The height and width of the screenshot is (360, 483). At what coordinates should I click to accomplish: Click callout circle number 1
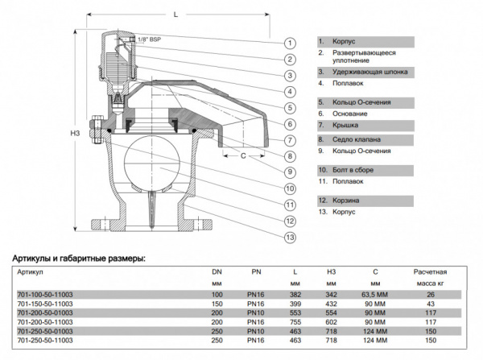(289, 41)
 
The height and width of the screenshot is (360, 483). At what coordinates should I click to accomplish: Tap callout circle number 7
(289, 139)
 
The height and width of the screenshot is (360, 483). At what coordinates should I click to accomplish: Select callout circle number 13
(289, 237)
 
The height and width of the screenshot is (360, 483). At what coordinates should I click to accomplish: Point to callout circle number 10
(289, 188)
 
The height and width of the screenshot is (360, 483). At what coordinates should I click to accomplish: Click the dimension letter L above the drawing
(175, 14)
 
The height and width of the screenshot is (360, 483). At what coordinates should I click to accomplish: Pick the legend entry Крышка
(337, 126)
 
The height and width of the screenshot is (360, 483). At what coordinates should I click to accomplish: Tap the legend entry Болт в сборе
(347, 170)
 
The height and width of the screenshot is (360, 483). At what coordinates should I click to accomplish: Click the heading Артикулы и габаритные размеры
(79, 259)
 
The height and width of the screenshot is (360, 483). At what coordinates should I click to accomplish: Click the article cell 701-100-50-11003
(45, 295)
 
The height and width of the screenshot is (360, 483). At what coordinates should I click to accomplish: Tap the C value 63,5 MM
(374, 295)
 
